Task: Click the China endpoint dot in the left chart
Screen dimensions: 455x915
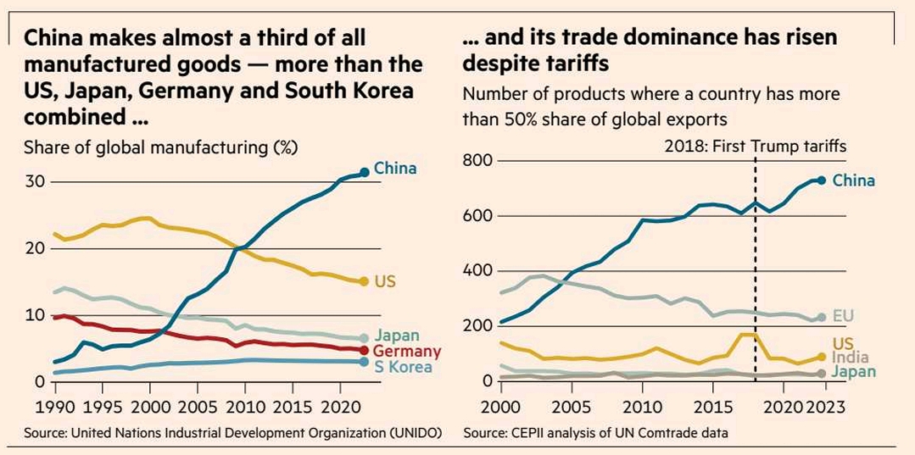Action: [x=365, y=172]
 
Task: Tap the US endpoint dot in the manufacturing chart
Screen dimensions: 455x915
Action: [x=364, y=281]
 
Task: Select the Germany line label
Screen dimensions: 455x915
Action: [x=407, y=352]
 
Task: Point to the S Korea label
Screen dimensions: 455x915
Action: [x=403, y=367]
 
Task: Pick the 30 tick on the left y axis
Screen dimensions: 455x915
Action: [x=35, y=181]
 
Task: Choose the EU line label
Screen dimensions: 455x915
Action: [x=844, y=316]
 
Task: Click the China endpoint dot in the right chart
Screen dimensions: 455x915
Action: [x=821, y=180]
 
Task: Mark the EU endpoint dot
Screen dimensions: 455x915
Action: [x=821, y=318]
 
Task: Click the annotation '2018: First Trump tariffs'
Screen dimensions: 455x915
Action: [x=755, y=147]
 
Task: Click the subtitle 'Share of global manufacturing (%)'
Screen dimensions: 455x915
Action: [x=161, y=147]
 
